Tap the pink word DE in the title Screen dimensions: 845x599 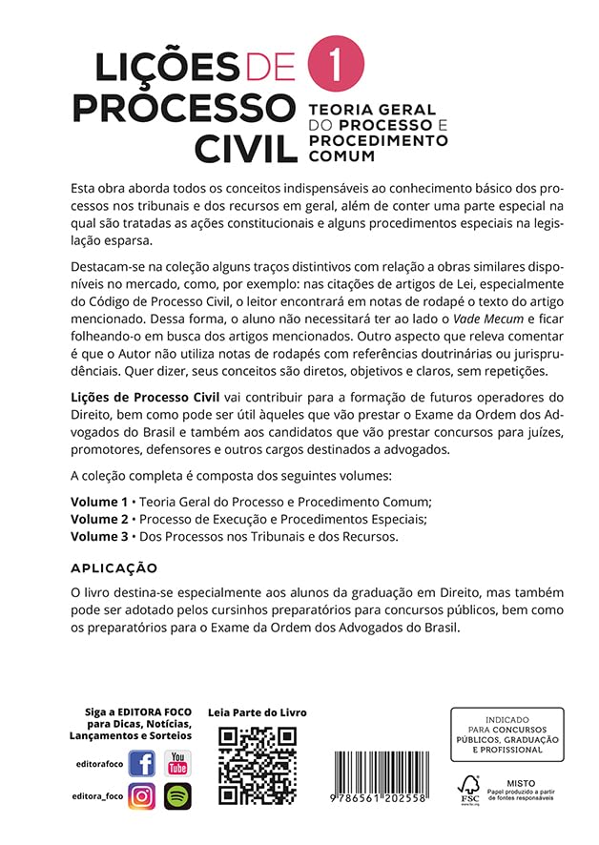[x=269, y=69]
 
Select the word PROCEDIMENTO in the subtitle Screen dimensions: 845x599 [x=378, y=140]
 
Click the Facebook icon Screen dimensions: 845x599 [x=142, y=763]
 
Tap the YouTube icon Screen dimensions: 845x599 [x=177, y=763]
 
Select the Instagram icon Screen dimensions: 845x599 [x=142, y=795]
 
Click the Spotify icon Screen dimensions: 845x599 [x=177, y=795]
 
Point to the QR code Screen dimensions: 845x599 [x=258, y=766]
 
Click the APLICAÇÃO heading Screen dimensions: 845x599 [x=114, y=568]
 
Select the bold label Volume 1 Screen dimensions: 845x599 [x=99, y=501]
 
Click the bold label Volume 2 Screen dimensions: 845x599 [x=99, y=519]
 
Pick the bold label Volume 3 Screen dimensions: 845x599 [x=99, y=537]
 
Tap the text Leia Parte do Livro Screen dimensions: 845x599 [x=258, y=712]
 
